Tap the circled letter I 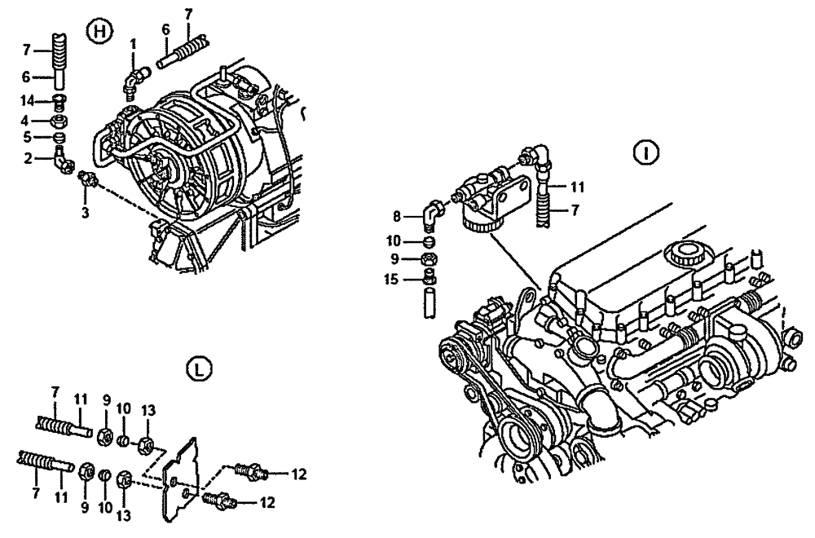[x=646, y=152]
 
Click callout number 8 [x=397, y=217]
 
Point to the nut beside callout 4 [x=59, y=121]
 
